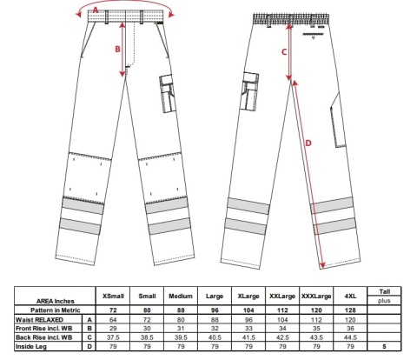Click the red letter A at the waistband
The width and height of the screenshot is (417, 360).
point(96,10)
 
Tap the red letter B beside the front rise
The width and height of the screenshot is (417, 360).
point(117,50)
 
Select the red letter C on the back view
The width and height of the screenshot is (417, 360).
point(284,52)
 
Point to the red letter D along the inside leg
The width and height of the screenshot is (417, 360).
point(308,143)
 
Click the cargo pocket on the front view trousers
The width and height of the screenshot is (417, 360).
point(167,93)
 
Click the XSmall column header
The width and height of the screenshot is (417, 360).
point(113,297)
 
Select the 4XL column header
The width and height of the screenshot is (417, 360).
point(350,297)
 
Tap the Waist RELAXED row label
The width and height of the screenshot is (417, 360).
point(39,320)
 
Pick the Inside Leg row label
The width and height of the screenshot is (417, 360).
point(31,346)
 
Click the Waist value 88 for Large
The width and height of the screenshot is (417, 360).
point(215,320)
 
